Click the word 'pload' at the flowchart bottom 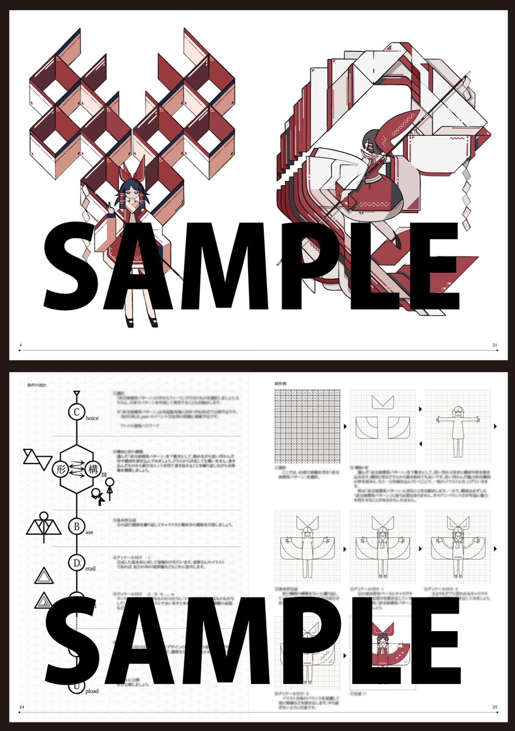pyautogui.click(x=92, y=691)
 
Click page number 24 pyautogui.click(x=22, y=707)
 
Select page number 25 pyautogui.click(x=494, y=707)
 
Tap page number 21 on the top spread pyautogui.click(x=494, y=345)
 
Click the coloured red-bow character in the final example pyautogui.click(x=382, y=649)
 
